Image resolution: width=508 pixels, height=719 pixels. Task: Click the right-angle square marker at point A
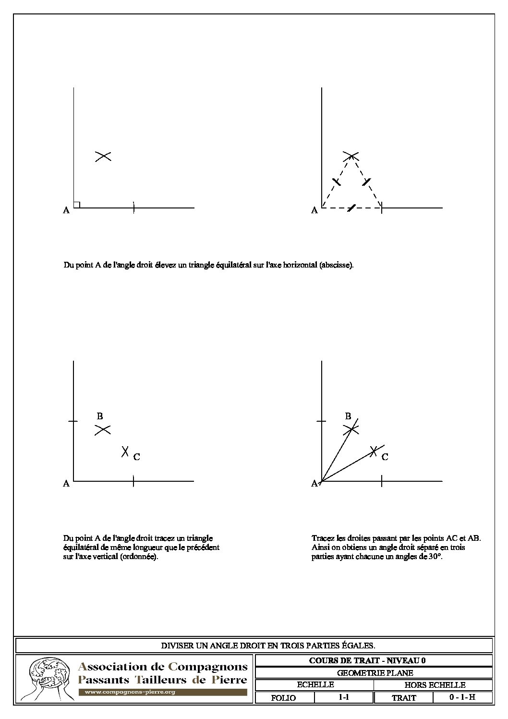pos(77,205)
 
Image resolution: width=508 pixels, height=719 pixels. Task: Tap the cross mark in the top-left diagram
pos(103,156)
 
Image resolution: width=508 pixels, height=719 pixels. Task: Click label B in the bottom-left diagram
pos(100,416)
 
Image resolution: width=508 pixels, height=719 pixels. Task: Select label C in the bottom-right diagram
pos(385,457)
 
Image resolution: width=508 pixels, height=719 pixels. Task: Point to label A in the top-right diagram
pos(314,210)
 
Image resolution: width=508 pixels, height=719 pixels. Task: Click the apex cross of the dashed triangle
pos(351,155)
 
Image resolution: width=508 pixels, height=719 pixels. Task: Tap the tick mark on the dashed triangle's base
pos(352,208)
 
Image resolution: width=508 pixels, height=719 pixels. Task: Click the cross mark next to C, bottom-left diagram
pos(125,451)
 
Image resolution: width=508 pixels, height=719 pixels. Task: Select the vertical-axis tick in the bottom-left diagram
pos(73,421)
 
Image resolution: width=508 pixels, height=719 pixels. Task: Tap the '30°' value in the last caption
pos(434,558)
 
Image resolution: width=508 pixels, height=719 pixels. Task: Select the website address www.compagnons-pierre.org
pos(130,692)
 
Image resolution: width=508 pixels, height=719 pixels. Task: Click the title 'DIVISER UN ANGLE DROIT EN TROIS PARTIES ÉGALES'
pos(254,646)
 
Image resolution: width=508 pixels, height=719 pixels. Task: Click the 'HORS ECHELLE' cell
pos(433,685)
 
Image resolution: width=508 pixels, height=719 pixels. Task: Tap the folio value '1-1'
pos(343,697)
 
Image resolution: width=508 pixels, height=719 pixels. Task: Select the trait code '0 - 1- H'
pos(462,697)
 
